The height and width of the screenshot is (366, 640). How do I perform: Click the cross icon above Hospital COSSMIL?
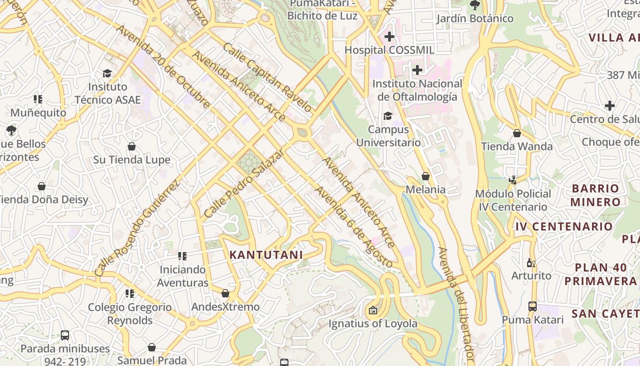tap(389, 36)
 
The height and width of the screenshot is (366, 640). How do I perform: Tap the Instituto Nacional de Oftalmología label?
tap(417, 90)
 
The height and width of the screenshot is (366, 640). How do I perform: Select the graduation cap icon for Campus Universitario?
tap(388, 116)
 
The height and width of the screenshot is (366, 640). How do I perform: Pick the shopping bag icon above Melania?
tap(426, 176)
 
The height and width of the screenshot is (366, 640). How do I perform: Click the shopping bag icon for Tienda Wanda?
tap(517, 133)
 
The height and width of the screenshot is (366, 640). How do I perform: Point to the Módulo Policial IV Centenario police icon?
tap(512, 180)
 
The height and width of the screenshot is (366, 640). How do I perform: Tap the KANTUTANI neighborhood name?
tap(266, 255)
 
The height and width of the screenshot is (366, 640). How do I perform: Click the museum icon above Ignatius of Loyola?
tap(373, 310)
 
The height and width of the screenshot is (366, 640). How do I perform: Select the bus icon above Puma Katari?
tap(533, 306)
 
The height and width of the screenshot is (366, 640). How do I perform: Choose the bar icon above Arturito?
tap(531, 263)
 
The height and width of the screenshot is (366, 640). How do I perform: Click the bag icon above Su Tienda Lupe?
tap(132, 146)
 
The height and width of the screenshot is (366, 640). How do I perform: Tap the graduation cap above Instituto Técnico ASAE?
tap(107, 73)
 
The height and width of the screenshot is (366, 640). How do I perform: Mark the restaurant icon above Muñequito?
tap(38, 99)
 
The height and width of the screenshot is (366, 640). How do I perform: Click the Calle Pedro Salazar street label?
tap(244, 183)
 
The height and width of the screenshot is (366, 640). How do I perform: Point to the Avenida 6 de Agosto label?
tap(353, 227)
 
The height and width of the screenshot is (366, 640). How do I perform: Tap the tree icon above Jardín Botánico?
tap(475, 5)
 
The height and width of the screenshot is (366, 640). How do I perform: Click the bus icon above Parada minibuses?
tap(65, 335)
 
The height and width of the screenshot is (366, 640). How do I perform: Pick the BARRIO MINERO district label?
tap(595, 195)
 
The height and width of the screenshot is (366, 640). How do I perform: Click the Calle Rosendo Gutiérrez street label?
tap(137, 228)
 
